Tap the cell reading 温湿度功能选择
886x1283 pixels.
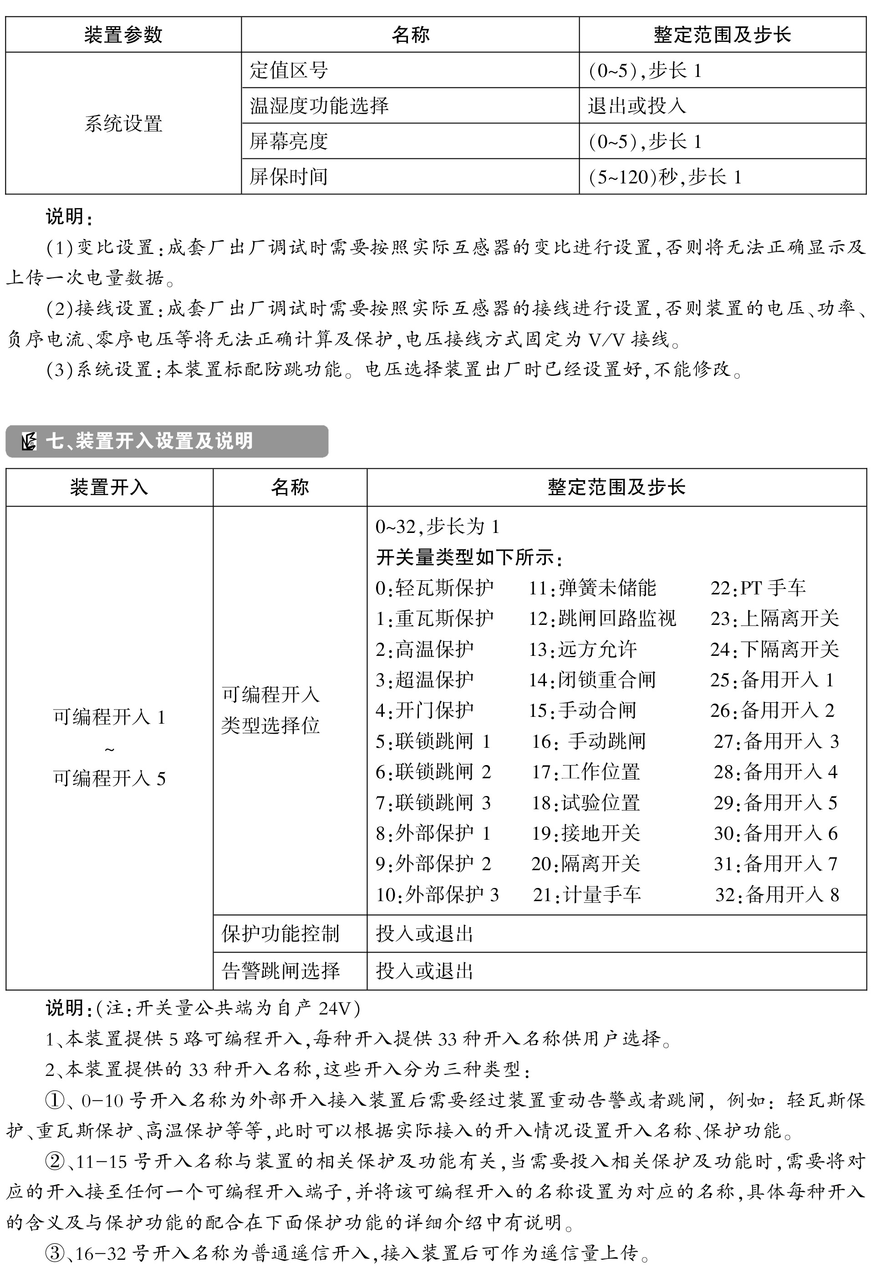pyautogui.click(x=319, y=106)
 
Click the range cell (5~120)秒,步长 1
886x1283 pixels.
pyautogui.click(x=665, y=177)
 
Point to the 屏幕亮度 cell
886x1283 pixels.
pyautogui.click(x=289, y=141)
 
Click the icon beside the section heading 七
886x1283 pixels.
pyautogui.click(x=28, y=442)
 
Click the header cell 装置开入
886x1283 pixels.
pyautogui.click(x=109, y=487)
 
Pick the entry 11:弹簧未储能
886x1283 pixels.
pyautogui.click(x=592, y=588)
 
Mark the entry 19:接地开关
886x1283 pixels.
pyautogui.click(x=586, y=832)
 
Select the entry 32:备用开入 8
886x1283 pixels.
pyautogui.click(x=777, y=894)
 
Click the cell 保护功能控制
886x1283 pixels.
pyautogui.click(x=280, y=933)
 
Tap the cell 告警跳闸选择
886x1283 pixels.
pyautogui.click(x=280, y=971)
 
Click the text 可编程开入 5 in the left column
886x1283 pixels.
pyautogui.click(x=109, y=779)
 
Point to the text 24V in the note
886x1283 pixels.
pyautogui.click(x=334, y=1008)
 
